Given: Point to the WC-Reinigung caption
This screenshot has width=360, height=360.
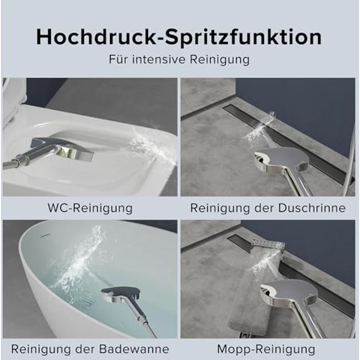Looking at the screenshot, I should [x=90, y=208].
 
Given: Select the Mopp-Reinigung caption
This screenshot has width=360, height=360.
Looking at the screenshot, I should [x=266, y=349].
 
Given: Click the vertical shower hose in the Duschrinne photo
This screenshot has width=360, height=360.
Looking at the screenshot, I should [x=348, y=161].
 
